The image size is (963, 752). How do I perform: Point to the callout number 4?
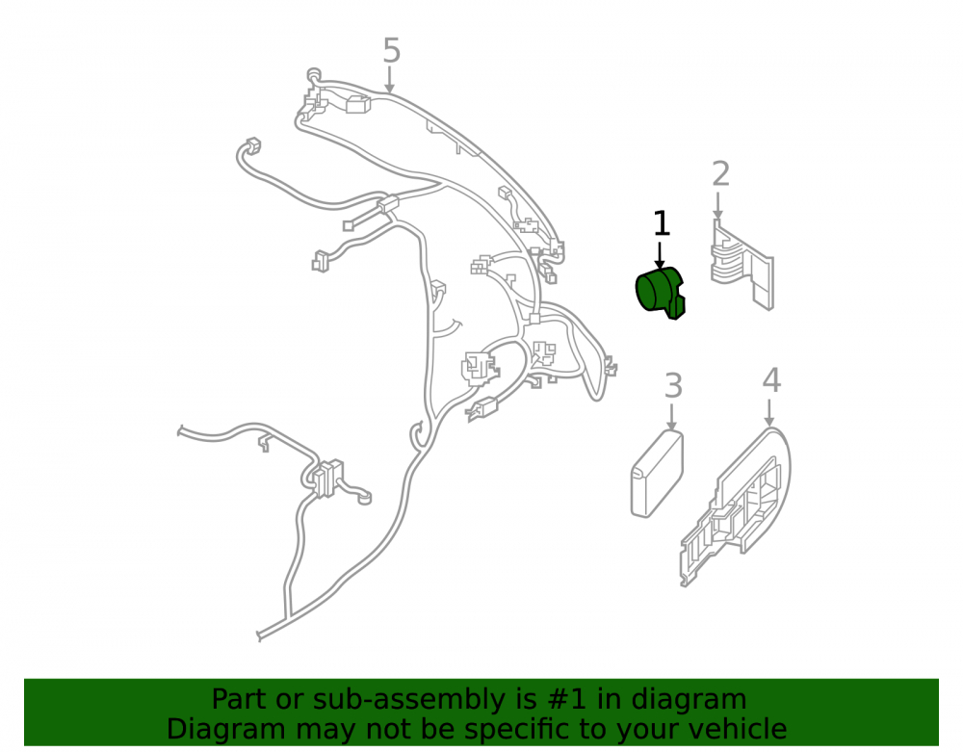tap(771, 380)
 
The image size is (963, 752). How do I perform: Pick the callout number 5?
tap(391, 50)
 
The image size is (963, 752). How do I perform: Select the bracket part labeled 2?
tap(742, 265)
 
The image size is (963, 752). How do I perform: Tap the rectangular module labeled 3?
tap(657, 474)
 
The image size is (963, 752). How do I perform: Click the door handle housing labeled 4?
tap(735, 506)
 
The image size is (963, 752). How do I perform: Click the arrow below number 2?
tap(717, 206)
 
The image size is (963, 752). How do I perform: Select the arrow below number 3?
tap(672, 417)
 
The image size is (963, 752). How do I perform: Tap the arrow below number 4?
tap(769, 412)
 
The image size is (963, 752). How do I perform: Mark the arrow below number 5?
tap(389, 80)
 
